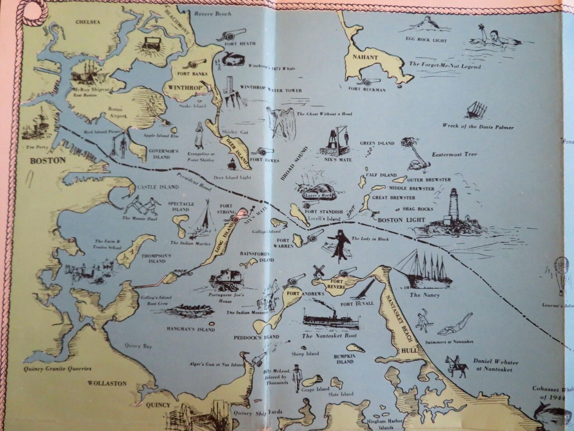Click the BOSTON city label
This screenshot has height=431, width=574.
pyautogui.click(x=48, y=160)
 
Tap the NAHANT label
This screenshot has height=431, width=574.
pyautogui.click(x=359, y=57)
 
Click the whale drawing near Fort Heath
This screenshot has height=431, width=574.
pyautogui.click(x=232, y=58)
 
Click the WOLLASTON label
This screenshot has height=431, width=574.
pyautogui.click(x=107, y=383)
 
